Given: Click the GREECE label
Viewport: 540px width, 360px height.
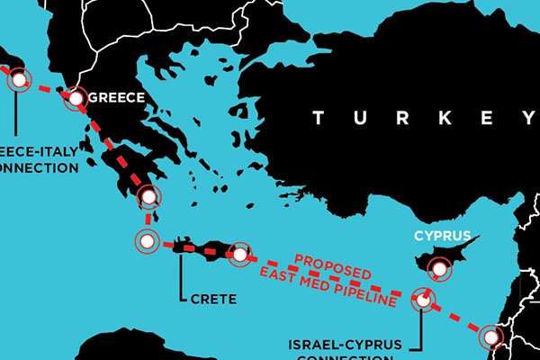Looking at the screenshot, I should coord(116,98).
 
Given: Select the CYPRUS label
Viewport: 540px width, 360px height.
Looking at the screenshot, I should coord(442,237).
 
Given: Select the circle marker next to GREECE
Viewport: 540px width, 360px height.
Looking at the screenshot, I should coord(76,98).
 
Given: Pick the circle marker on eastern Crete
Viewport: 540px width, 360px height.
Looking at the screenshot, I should coord(239,255).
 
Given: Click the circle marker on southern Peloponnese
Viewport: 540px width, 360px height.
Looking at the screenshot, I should coord(148,196).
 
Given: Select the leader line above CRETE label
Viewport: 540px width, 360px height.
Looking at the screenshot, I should coord(181,274).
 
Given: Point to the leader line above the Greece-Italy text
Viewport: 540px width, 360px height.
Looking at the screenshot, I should coord(18,112).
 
